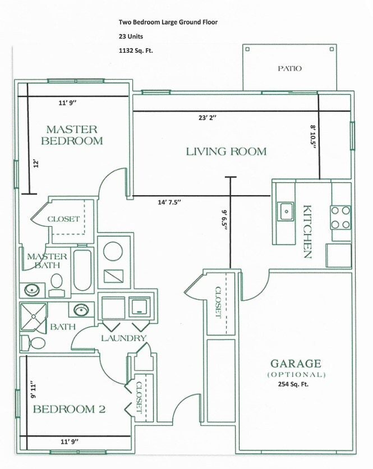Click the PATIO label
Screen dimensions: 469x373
289,68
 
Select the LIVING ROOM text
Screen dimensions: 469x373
226,151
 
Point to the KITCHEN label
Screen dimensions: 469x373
307,232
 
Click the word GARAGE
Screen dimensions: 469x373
296,363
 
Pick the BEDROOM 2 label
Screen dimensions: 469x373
69,409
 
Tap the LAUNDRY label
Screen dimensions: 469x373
124,338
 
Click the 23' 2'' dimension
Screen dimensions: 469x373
207,118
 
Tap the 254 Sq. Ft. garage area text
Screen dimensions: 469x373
293,385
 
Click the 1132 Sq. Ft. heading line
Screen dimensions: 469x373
136,50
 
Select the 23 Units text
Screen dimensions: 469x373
131,36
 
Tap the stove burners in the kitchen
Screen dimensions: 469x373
340,218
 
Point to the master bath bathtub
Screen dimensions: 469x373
82,271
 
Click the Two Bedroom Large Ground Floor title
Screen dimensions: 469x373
168,22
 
